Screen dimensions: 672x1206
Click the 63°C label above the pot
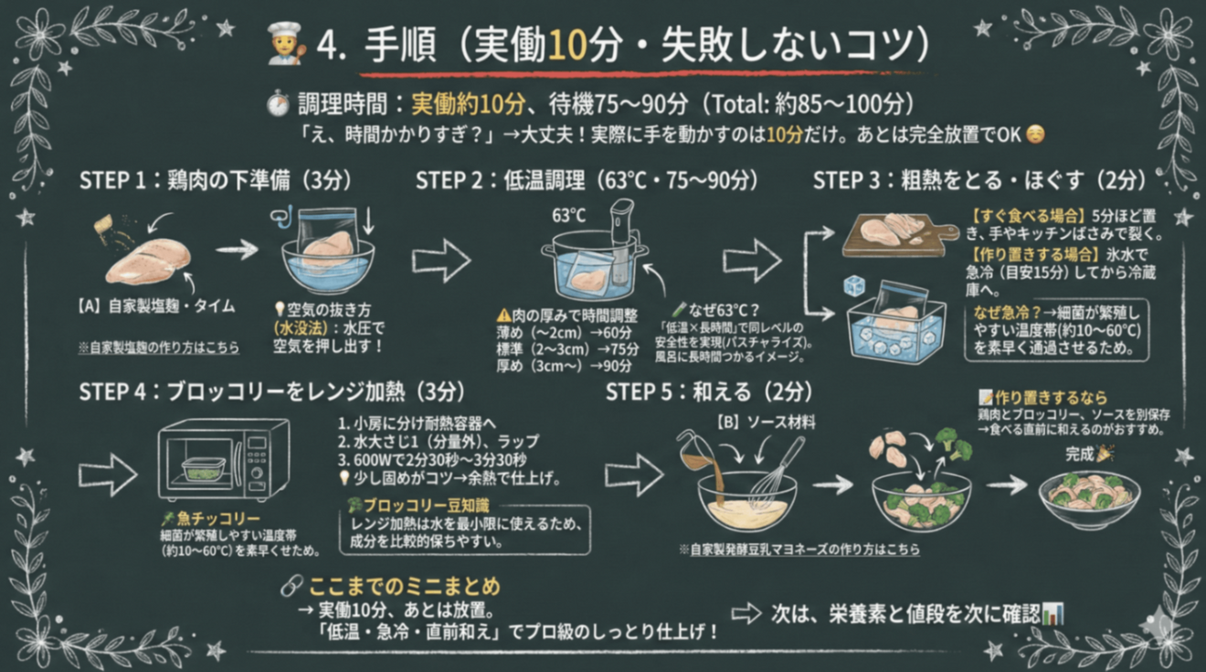coord(568,216)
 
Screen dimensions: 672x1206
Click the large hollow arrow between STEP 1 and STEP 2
coord(440,261)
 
